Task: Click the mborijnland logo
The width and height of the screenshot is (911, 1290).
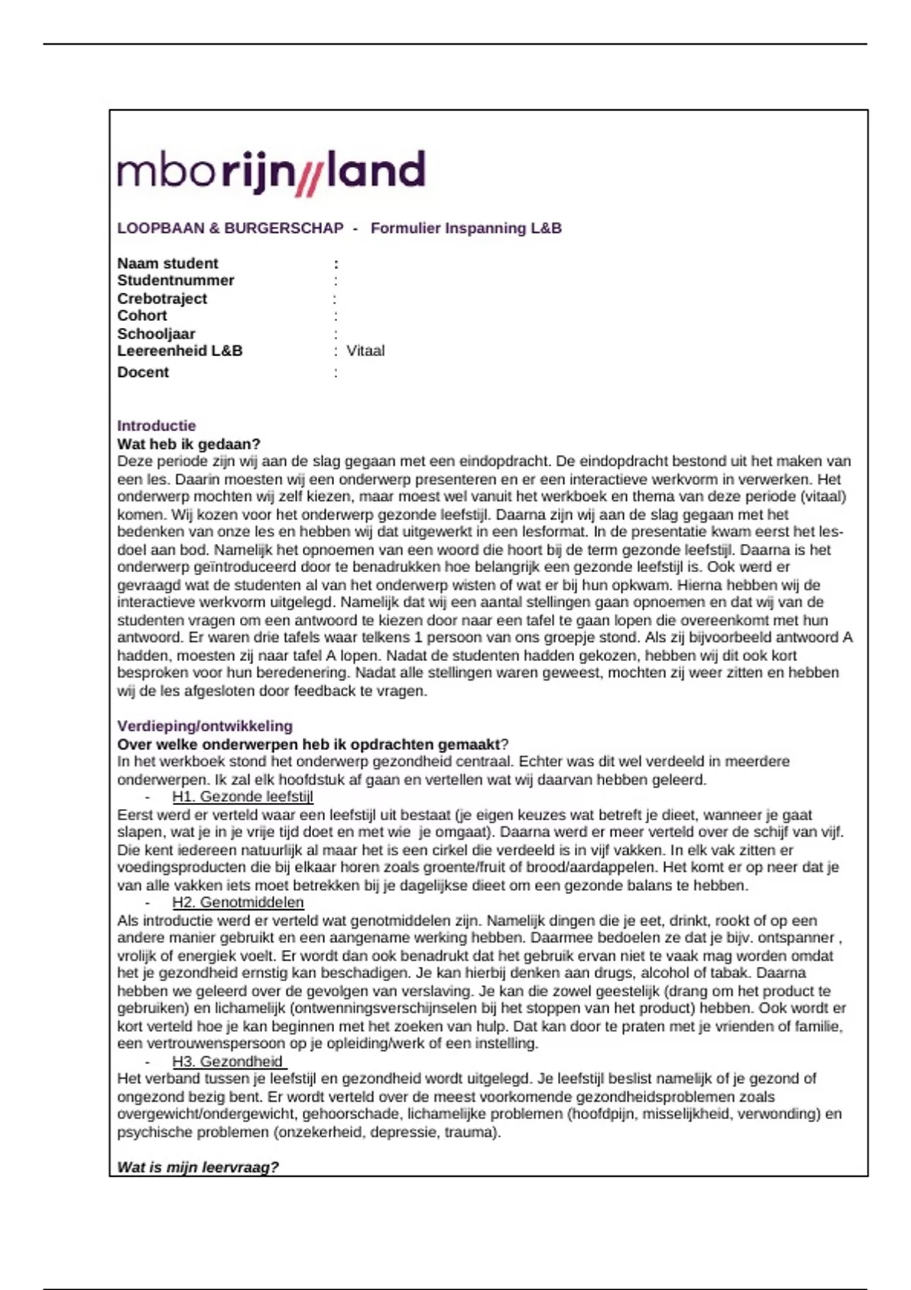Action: coord(271,171)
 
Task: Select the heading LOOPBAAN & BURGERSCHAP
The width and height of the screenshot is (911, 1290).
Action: coord(230,228)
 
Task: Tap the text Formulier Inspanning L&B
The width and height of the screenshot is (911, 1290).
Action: coord(465,228)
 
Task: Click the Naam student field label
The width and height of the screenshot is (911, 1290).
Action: coord(167,263)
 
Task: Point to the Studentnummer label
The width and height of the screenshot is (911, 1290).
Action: coord(175,281)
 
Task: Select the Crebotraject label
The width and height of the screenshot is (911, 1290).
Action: coord(162,298)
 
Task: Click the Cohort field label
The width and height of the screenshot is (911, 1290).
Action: coord(142,316)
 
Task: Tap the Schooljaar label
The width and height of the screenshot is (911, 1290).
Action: coord(156,334)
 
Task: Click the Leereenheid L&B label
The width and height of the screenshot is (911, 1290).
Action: coord(180,351)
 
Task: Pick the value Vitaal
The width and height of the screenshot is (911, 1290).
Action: coord(365,351)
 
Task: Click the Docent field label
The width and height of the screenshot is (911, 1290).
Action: coord(143,373)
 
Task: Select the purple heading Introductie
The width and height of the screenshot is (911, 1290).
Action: coord(156,426)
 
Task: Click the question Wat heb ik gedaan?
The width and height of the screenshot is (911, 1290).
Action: coord(188,444)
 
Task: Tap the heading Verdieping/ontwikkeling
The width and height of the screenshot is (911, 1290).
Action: coord(204,725)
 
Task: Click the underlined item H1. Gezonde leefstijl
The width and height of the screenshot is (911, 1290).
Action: coord(242,797)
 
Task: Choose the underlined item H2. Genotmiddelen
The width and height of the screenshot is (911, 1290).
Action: coord(238,902)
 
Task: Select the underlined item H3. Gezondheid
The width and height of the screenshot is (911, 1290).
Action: coord(228,1062)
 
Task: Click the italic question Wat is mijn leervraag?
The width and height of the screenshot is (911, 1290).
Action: coord(197,1167)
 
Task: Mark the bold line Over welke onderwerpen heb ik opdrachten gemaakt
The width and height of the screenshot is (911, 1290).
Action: coord(308,744)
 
